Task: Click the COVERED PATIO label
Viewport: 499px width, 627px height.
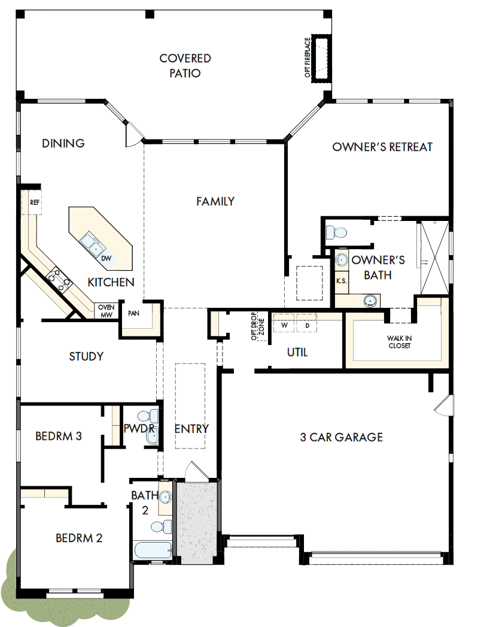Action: click(185, 66)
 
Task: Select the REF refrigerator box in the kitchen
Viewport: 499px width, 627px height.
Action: click(35, 203)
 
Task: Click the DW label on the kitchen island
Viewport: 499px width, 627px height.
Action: click(106, 258)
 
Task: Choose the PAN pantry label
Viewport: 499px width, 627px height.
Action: click(133, 313)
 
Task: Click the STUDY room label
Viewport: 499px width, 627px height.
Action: click(86, 356)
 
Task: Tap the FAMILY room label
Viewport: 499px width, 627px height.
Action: click(215, 201)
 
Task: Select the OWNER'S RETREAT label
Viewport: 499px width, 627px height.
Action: click(382, 147)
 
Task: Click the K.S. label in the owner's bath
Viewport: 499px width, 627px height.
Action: click(342, 281)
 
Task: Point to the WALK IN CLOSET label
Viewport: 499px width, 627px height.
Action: click(400, 342)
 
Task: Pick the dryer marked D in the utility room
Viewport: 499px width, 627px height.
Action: click(307, 325)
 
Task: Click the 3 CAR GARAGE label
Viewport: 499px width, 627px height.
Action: click(341, 437)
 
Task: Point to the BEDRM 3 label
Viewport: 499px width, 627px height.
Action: click(59, 436)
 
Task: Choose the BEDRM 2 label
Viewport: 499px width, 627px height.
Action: click(79, 538)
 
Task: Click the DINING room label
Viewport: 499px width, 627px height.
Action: click(63, 143)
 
